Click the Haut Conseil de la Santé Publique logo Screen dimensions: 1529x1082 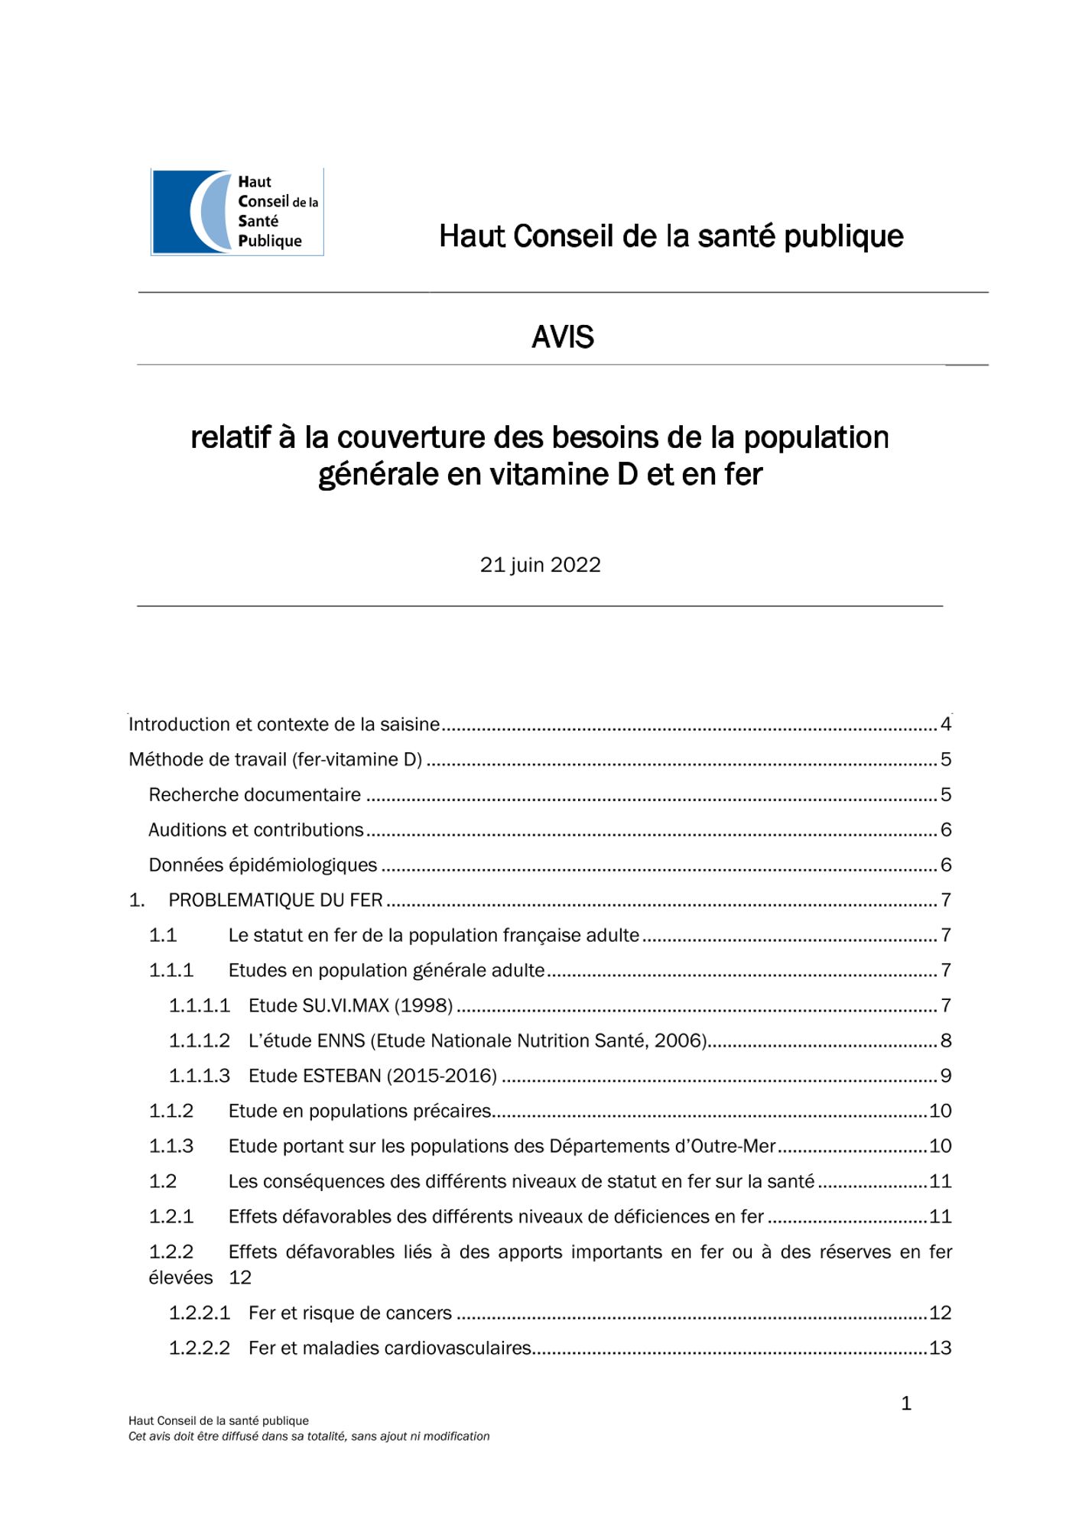click(x=237, y=212)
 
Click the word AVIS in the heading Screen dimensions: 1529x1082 click(x=562, y=337)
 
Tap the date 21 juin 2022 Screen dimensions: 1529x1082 click(x=540, y=565)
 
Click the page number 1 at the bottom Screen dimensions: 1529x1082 click(x=906, y=1404)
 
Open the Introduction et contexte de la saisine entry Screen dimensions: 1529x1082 click(x=284, y=724)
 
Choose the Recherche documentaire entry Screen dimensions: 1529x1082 click(x=255, y=794)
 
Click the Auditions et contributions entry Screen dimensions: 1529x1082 click(x=256, y=829)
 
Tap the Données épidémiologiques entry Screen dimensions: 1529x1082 click(x=263, y=865)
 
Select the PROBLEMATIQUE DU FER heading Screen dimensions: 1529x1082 click(x=275, y=900)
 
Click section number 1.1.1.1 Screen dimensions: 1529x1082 click(x=199, y=1005)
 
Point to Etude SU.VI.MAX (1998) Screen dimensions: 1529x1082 click(x=351, y=1005)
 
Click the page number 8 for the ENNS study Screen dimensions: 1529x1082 click(x=946, y=1040)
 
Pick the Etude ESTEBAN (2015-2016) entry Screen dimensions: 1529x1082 click(x=372, y=1076)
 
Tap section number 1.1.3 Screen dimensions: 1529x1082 click(x=171, y=1146)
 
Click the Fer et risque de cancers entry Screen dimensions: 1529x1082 click(x=350, y=1313)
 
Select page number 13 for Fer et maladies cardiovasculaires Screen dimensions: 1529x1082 click(x=940, y=1348)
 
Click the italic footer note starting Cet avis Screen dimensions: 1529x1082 click(x=309, y=1436)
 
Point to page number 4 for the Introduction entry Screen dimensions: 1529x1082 click(x=946, y=724)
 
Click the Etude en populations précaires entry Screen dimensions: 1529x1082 click(x=359, y=1111)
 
